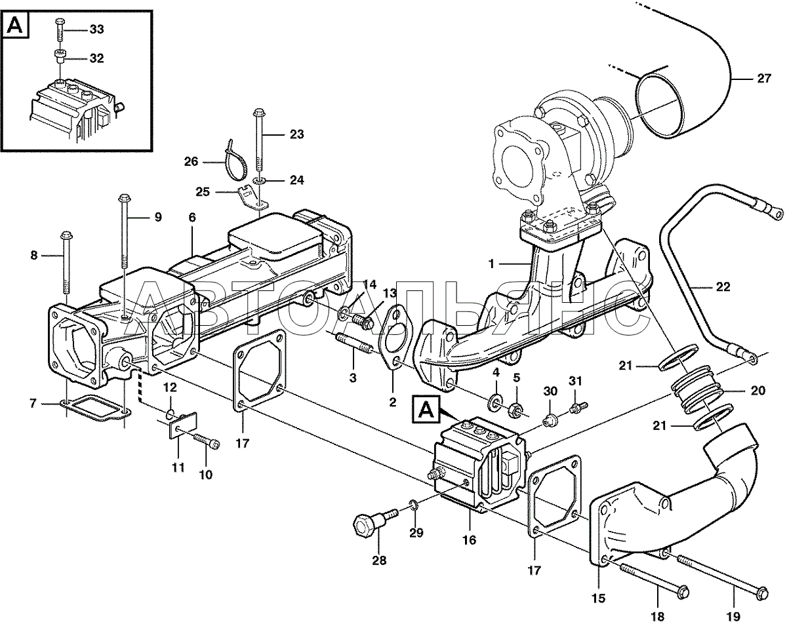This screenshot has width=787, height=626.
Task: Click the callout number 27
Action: pyautogui.click(x=763, y=79)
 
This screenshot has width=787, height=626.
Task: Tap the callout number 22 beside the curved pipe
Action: pyautogui.click(x=723, y=287)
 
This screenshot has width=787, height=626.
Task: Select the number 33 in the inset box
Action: pyautogui.click(x=96, y=29)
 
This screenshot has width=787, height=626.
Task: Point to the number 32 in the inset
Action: pyautogui.click(x=96, y=58)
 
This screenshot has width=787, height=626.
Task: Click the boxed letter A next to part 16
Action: pyautogui.click(x=426, y=409)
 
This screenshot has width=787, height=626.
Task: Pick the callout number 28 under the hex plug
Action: pyautogui.click(x=379, y=560)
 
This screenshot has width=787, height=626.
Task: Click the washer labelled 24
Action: pyautogui.click(x=260, y=181)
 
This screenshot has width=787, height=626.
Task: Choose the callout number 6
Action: pyautogui.click(x=192, y=217)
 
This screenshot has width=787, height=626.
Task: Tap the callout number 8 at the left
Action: pyautogui.click(x=34, y=255)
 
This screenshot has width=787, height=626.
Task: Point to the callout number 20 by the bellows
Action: pyautogui.click(x=757, y=391)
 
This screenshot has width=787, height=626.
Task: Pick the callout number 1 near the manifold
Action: pyautogui.click(x=491, y=264)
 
